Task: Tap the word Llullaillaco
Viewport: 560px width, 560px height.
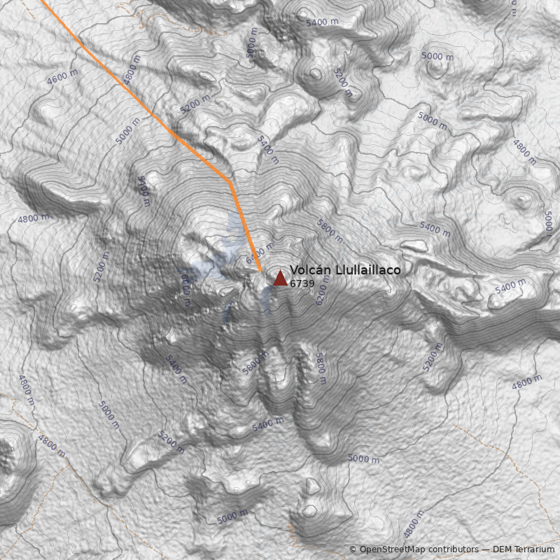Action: [362, 270]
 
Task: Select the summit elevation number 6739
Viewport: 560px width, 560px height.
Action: [302, 283]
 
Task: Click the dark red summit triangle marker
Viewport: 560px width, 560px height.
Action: [280, 279]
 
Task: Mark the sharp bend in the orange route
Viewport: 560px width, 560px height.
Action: [229, 181]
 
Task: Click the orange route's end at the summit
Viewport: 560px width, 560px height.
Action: [260, 272]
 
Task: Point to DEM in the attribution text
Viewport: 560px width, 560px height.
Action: [502, 549]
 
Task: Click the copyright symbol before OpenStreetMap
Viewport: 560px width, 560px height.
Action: [353, 549]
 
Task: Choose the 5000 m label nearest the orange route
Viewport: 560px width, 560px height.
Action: [129, 130]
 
